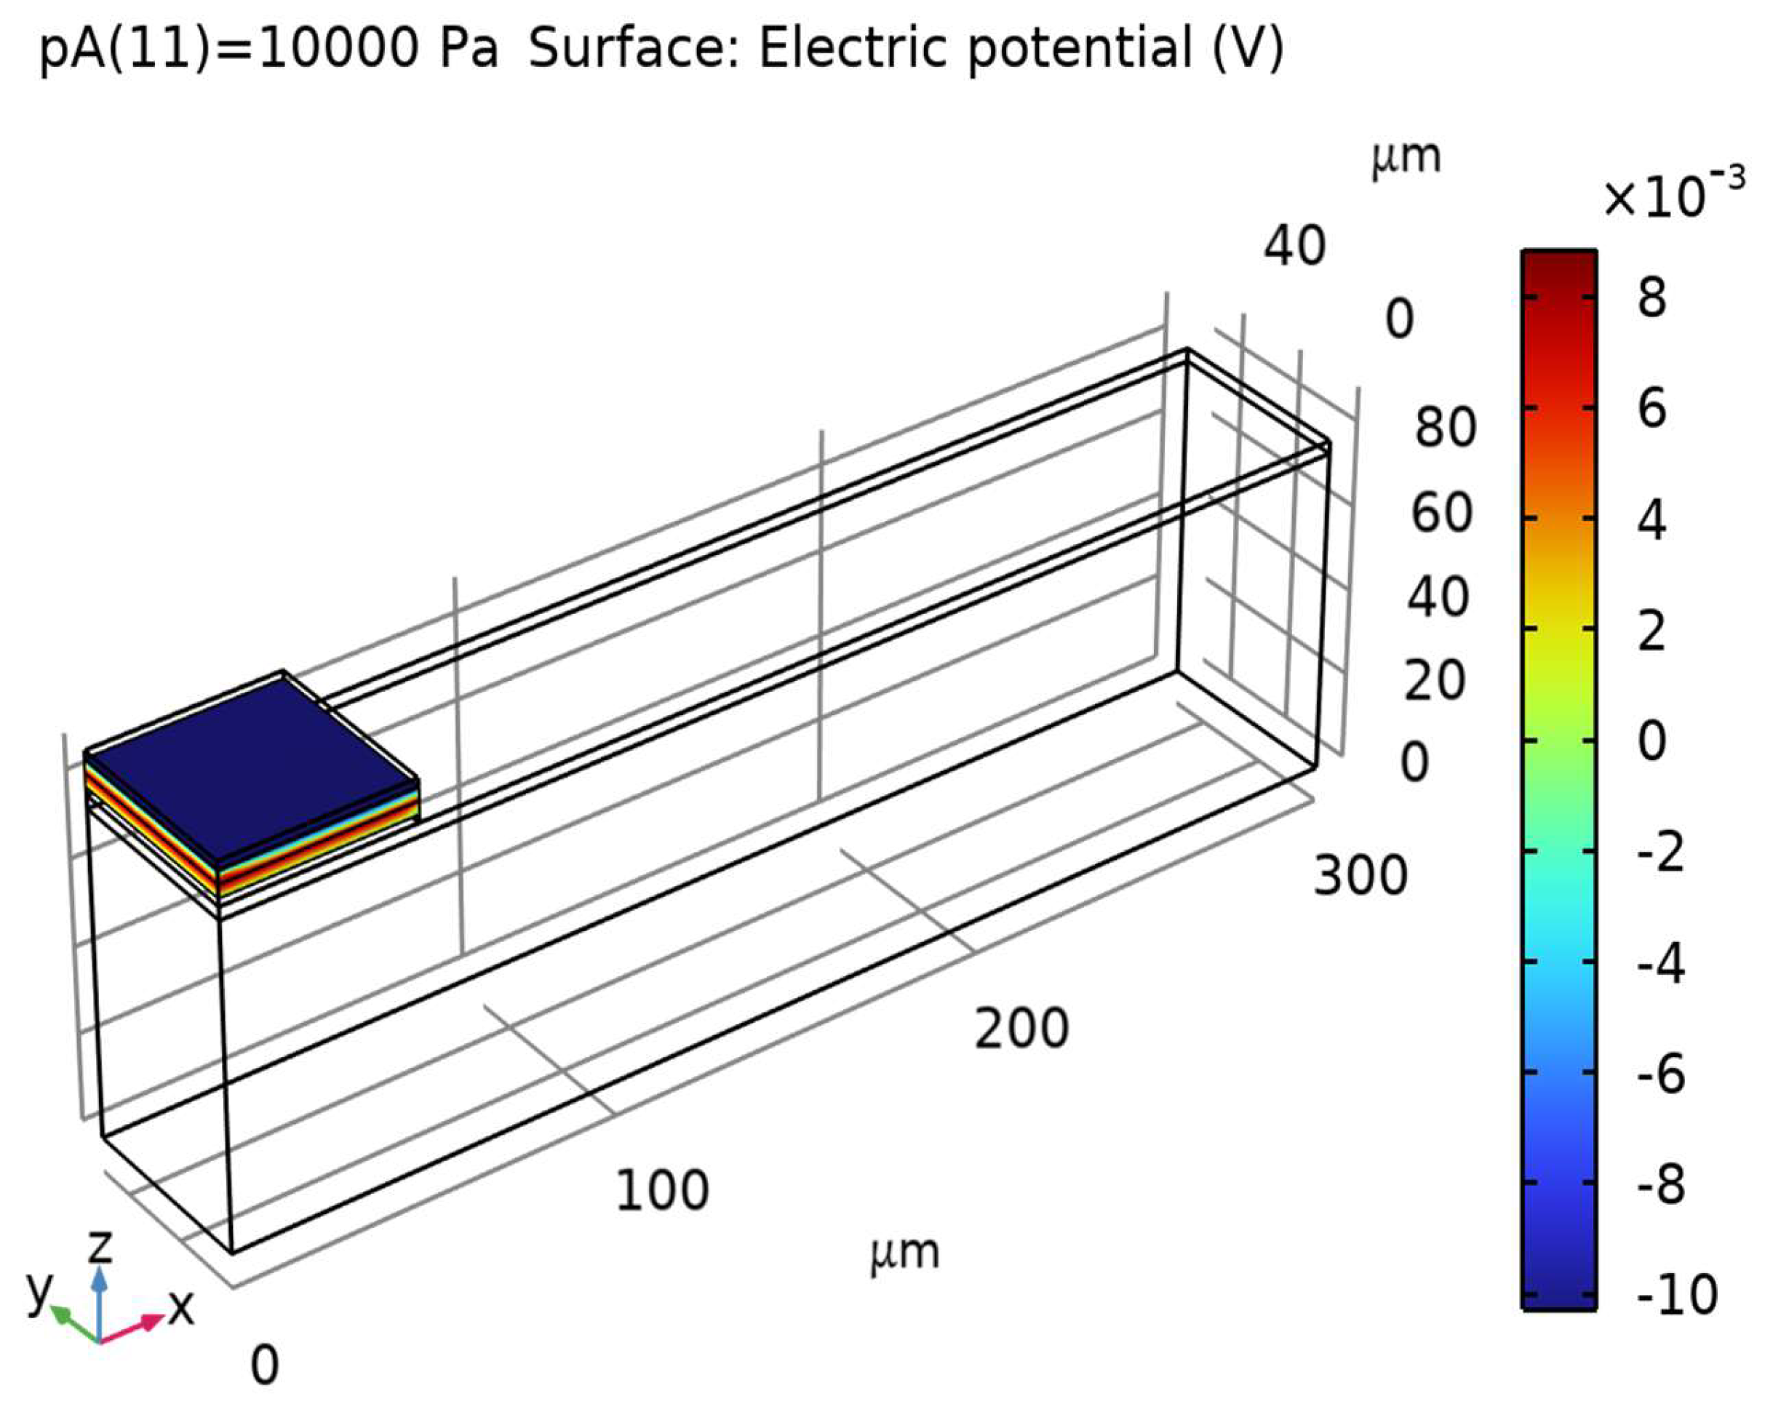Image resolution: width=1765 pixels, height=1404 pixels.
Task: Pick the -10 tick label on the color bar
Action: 1676,1294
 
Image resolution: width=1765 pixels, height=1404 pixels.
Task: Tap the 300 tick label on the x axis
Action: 1360,875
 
